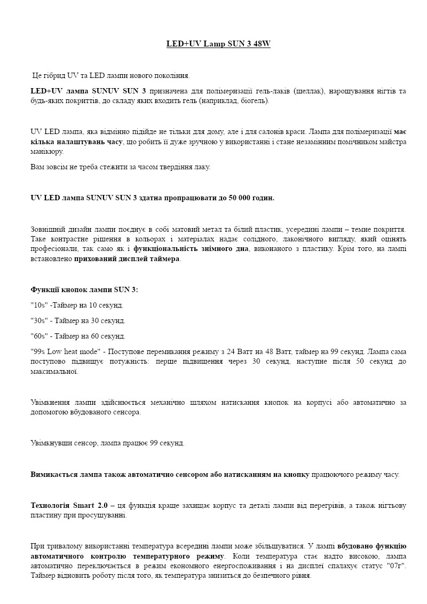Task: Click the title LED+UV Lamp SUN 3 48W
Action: (218, 44)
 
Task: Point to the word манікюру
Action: (45, 152)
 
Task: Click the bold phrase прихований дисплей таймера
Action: (127, 259)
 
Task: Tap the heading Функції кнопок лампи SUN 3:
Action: (84, 290)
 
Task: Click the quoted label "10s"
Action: (39, 305)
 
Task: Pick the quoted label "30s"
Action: (39, 321)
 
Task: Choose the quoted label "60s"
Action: (39, 336)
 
